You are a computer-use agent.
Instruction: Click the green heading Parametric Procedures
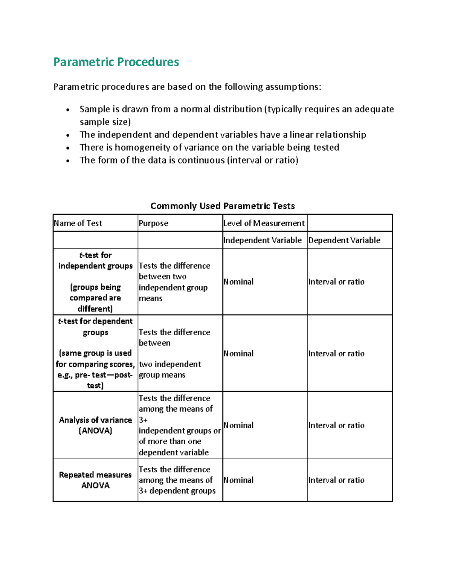(x=116, y=62)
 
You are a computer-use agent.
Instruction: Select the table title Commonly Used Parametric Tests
(x=222, y=206)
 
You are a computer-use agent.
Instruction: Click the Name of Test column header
(x=78, y=223)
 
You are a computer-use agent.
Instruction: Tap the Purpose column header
(x=153, y=223)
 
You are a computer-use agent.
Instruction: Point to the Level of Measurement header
(x=264, y=223)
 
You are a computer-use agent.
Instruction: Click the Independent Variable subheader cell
(x=262, y=240)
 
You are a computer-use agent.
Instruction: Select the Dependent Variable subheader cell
(x=344, y=240)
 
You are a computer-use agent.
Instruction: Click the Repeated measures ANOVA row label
(x=95, y=480)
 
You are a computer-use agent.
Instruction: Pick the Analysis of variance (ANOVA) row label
(x=95, y=425)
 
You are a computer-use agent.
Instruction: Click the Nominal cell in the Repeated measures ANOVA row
(x=238, y=480)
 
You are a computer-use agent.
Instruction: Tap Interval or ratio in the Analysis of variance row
(x=336, y=425)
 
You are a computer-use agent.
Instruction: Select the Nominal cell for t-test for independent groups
(x=238, y=282)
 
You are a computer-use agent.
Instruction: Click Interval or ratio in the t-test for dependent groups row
(x=336, y=353)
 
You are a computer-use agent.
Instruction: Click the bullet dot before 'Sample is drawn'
(x=68, y=110)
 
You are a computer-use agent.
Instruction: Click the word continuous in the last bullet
(x=201, y=160)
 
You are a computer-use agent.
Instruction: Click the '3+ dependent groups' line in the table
(x=177, y=491)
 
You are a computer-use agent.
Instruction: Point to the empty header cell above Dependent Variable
(x=350, y=223)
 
